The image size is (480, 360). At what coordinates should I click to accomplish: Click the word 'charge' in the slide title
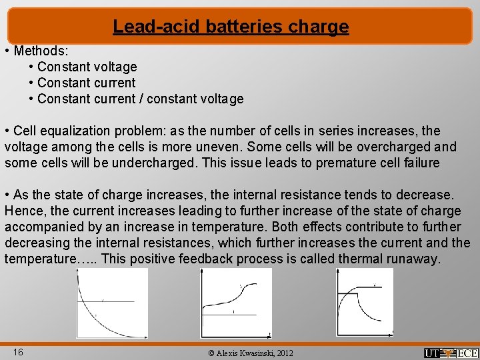coord(319,27)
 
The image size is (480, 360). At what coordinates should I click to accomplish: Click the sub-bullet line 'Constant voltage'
coord(87,67)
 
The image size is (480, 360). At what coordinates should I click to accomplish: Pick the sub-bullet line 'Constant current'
coord(86,83)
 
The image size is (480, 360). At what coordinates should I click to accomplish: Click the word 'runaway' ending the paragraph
coord(415,259)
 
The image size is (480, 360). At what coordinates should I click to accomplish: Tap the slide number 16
coord(18,351)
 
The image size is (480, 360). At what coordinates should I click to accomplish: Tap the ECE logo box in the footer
coord(467,353)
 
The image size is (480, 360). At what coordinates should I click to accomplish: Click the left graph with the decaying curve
coord(111,303)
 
